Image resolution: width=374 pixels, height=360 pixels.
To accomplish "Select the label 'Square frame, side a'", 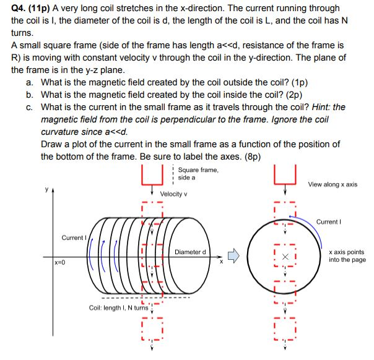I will pyautogui.click(x=198, y=173).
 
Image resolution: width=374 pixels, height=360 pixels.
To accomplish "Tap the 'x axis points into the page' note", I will pyautogui.click(x=347, y=255).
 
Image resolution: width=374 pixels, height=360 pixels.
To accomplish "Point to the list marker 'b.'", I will pyautogui.click(x=30, y=95).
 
